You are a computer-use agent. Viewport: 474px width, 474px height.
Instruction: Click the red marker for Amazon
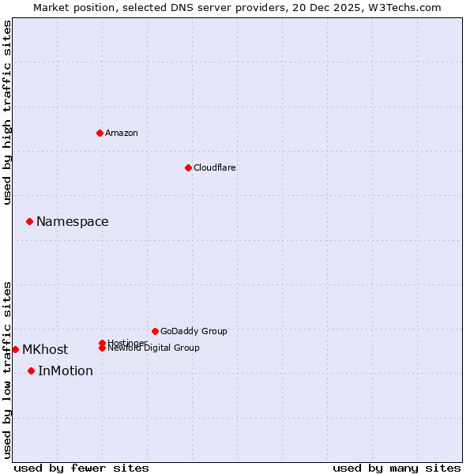tap(100, 133)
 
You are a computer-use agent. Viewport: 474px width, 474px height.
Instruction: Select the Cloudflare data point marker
tap(188, 167)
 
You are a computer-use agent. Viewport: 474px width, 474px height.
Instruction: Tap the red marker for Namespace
tap(29, 222)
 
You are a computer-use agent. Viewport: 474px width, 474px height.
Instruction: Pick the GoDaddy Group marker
tap(155, 331)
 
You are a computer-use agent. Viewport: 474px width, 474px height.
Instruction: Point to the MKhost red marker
tap(15, 349)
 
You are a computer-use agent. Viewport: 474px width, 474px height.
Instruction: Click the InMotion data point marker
tap(31, 371)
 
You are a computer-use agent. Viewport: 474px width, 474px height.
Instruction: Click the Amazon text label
tap(122, 133)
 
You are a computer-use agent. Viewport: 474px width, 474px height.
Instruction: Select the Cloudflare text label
tap(215, 167)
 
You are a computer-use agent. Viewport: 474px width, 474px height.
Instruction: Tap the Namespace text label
tap(73, 222)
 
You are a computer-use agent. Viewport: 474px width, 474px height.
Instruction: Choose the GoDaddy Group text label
tap(194, 331)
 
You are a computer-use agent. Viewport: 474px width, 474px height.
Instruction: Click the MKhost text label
tap(45, 350)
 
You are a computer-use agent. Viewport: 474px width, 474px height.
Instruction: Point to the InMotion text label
tap(66, 371)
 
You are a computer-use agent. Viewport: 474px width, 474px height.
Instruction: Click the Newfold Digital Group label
tap(153, 348)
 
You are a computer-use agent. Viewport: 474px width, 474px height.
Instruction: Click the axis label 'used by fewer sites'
tap(81, 468)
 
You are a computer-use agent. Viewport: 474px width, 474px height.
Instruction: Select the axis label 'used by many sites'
tap(397, 468)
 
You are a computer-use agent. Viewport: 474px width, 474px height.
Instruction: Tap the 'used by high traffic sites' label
tap(8, 112)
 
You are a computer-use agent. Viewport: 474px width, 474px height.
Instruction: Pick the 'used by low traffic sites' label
tap(8, 369)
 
